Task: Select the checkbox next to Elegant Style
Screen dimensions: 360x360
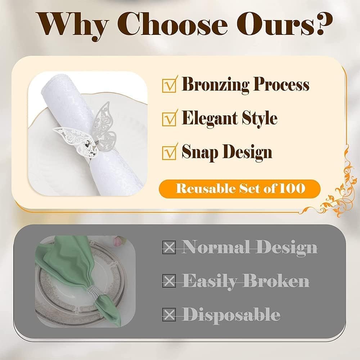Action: point(169,119)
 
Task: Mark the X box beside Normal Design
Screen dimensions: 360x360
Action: point(169,248)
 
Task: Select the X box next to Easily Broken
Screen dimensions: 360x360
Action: point(169,280)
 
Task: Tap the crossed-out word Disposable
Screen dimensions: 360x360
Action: point(231,315)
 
